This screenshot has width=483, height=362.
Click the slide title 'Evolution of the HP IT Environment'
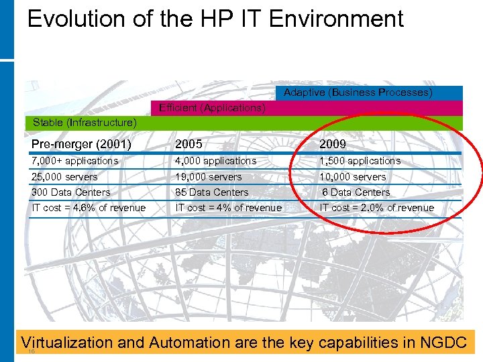(x=215, y=19)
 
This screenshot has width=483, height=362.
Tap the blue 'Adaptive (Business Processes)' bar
(x=358, y=93)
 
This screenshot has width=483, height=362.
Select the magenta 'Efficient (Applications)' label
(x=212, y=108)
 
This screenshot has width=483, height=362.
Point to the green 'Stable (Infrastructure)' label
(x=85, y=123)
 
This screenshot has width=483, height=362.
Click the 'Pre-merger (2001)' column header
(x=81, y=144)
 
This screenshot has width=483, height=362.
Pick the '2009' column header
(x=333, y=144)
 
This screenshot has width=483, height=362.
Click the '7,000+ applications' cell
(x=74, y=161)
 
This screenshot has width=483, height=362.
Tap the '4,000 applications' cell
(x=215, y=161)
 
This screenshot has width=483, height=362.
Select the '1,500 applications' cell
(x=360, y=161)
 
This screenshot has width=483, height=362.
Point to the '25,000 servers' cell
(x=64, y=177)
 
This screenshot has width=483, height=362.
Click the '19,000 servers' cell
(x=208, y=177)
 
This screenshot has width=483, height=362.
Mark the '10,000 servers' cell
(x=353, y=177)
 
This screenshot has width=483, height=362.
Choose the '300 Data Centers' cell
(x=71, y=192)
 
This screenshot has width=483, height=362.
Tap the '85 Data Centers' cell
(x=212, y=192)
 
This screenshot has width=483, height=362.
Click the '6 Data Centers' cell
(x=356, y=192)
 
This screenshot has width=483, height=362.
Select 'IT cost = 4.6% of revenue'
(x=89, y=208)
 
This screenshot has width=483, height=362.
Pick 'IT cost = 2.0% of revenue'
(x=376, y=208)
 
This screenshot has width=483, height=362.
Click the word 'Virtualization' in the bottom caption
(x=67, y=343)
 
